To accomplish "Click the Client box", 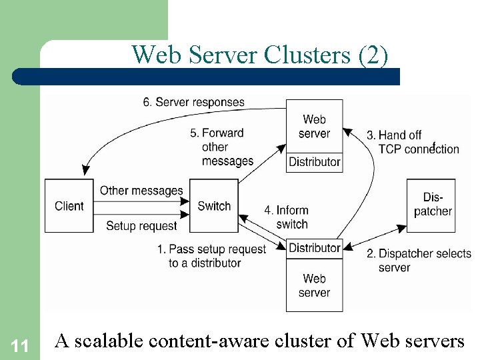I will click(69, 206).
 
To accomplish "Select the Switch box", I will click(214, 206).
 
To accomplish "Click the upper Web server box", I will click(314, 126).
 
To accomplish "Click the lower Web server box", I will click(314, 285).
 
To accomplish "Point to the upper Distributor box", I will click(314, 162).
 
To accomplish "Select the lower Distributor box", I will click(314, 248).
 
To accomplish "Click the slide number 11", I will click(19, 345).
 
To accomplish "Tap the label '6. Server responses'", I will click(193, 103).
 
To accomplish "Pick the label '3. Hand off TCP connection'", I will click(413, 142).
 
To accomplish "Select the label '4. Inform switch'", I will click(287, 217).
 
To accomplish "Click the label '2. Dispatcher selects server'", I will click(419, 260).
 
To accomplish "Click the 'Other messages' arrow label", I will click(141, 191).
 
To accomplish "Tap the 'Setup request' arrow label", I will click(141, 226).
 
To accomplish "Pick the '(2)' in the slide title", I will click(373, 55).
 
